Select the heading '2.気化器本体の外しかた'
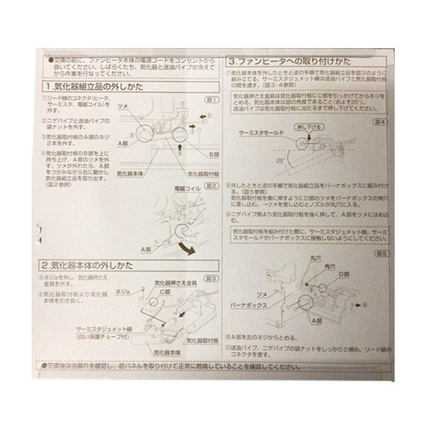[x=92, y=266]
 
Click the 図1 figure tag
[x=211, y=99]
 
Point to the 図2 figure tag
[x=211, y=185]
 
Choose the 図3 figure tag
[x=211, y=278]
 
